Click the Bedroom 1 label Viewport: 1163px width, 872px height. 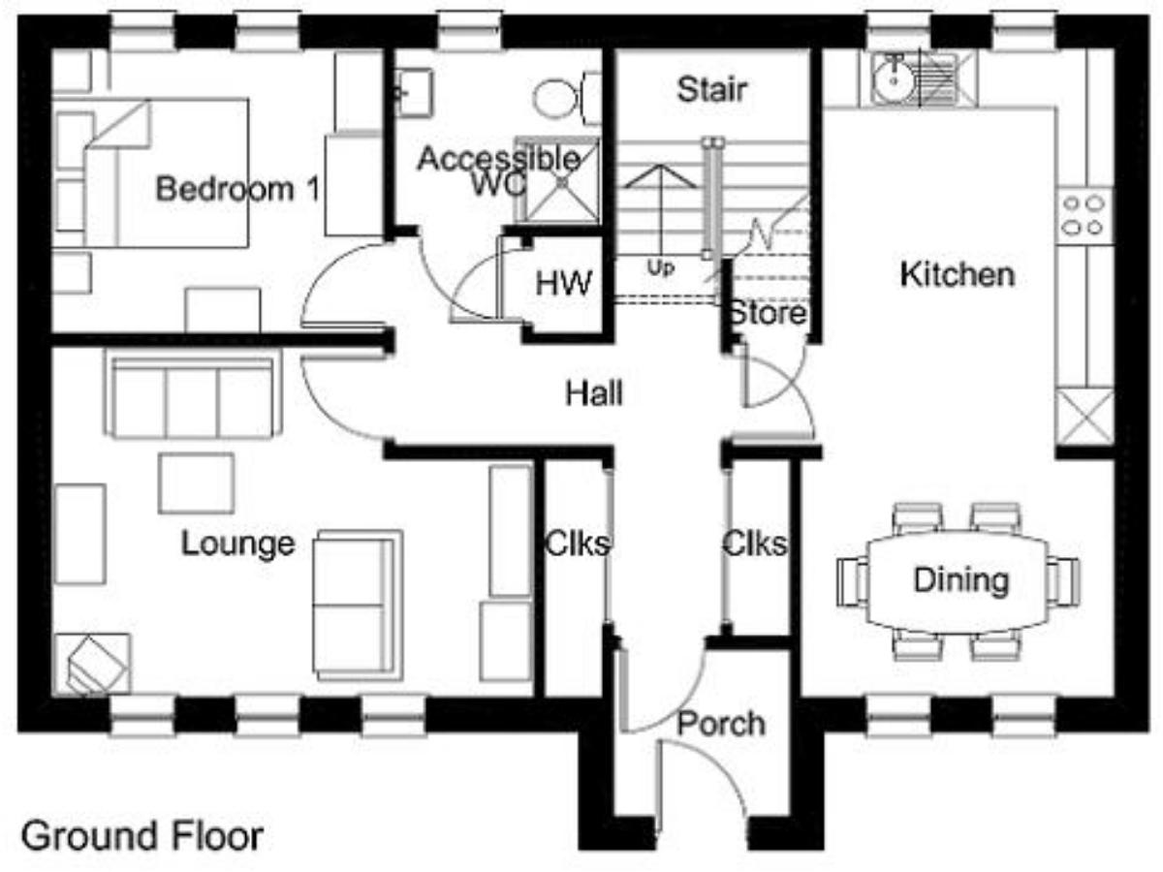[237, 189]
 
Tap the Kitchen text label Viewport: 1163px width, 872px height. [958, 275]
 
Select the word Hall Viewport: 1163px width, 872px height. [594, 393]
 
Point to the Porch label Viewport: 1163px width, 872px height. [722, 724]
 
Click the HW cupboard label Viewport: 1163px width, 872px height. [564, 283]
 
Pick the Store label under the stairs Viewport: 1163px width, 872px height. [768, 313]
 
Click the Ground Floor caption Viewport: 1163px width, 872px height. [142, 835]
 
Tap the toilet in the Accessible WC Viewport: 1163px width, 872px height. [567, 99]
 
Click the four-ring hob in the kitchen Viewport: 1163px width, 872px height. [1084, 215]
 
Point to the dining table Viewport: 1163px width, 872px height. [958, 579]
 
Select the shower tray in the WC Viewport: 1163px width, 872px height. [559, 180]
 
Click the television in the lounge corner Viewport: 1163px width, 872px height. [94, 665]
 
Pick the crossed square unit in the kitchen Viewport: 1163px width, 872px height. [1084, 417]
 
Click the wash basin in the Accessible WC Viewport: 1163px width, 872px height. [415, 93]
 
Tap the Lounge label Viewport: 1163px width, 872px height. [237, 544]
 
